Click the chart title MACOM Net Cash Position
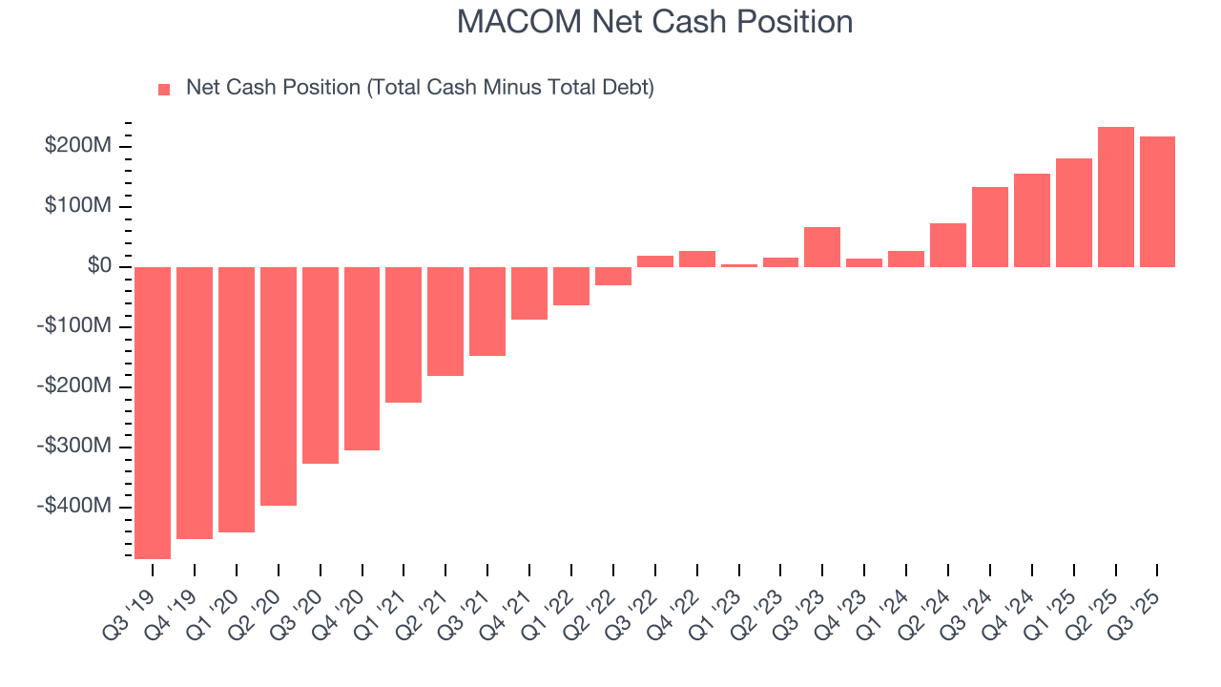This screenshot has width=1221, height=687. [x=654, y=22]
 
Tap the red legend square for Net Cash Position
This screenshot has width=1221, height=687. [x=164, y=89]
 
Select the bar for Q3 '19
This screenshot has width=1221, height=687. [x=153, y=412]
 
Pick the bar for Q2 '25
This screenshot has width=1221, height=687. [x=1116, y=197]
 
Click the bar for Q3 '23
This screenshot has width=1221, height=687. [x=822, y=246]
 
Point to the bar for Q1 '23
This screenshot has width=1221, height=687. [x=738, y=265]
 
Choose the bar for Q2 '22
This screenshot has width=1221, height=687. [x=613, y=276]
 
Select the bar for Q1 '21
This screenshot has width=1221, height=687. [x=404, y=334]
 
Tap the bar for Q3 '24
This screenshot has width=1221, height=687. [x=990, y=226]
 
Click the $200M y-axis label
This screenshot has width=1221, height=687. [x=78, y=146]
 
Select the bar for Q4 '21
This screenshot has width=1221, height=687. [x=529, y=293]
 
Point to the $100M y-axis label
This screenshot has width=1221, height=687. [x=78, y=206]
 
